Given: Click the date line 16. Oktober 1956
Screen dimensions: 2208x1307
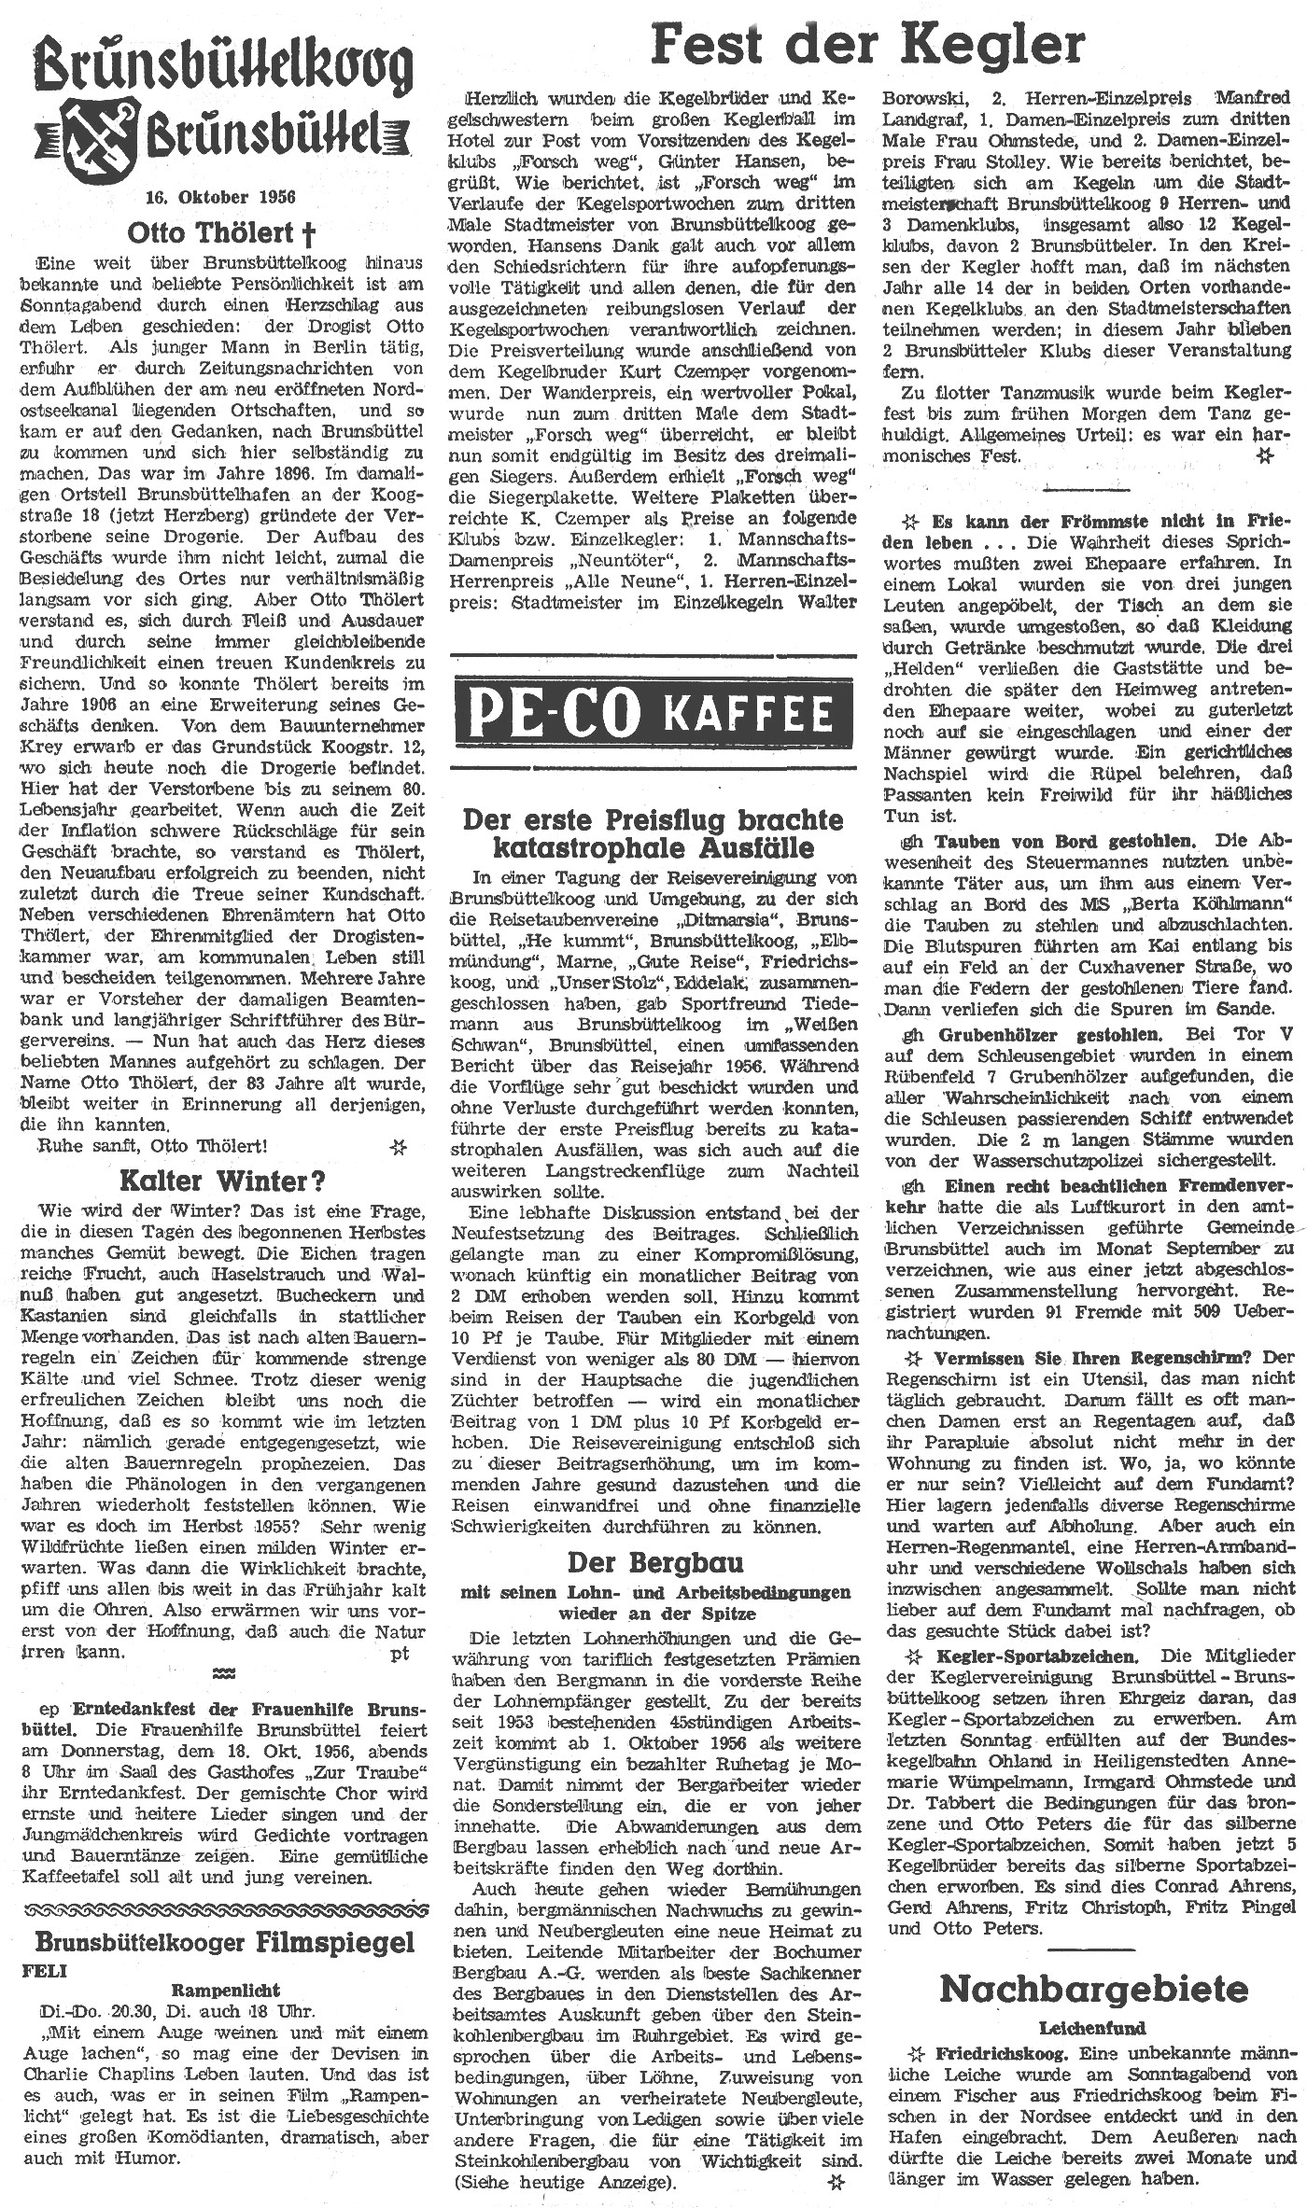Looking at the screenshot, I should coord(220,197).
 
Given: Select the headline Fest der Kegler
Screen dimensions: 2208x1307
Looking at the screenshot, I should coord(868,44).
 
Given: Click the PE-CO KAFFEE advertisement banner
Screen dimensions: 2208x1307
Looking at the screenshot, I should coord(652,713).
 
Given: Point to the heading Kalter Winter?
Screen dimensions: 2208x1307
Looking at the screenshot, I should coord(222,1181).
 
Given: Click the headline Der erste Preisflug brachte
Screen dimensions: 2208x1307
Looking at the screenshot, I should coord(653,819).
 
